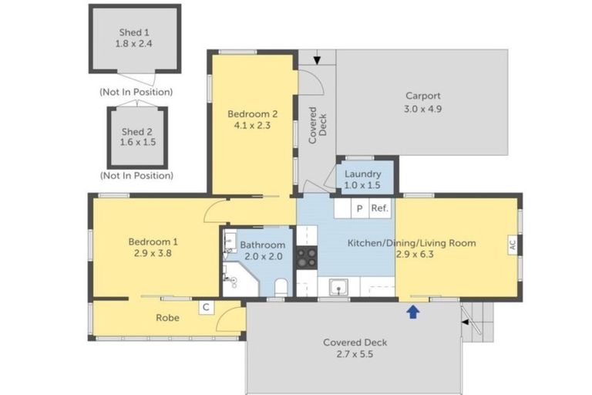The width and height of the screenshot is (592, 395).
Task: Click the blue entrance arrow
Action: (x=413, y=312)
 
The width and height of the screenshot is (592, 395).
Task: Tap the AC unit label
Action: (x=512, y=245)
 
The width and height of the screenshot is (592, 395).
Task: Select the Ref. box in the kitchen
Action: (x=380, y=208)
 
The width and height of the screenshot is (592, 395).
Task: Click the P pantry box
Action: (x=360, y=208)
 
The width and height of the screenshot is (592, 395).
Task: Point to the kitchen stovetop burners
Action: (x=307, y=258)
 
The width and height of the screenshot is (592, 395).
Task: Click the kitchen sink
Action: (x=338, y=287)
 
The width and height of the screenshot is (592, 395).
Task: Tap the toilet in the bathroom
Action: (x=281, y=288)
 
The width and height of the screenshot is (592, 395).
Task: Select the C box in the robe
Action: (x=206, y=307)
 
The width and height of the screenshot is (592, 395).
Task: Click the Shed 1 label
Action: (x=134, y=32)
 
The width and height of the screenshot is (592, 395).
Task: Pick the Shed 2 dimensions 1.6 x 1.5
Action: (x=138, y=142)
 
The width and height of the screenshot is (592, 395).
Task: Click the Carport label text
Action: (x=423, y=96)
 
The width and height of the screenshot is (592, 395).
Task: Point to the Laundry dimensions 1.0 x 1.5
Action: (x=362, y=185)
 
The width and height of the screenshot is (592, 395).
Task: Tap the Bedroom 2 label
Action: (x=252, y=113)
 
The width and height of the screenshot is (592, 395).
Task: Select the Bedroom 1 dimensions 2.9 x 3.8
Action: (x=153, y=253)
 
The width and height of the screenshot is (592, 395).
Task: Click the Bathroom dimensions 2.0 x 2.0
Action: (x=263, y=256)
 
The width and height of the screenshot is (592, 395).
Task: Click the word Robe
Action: (x=167, y=318)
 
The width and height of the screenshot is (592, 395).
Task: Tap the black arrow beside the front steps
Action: (x=466, y=322)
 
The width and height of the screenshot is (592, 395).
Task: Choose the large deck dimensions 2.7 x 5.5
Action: (x=355, y=354)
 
